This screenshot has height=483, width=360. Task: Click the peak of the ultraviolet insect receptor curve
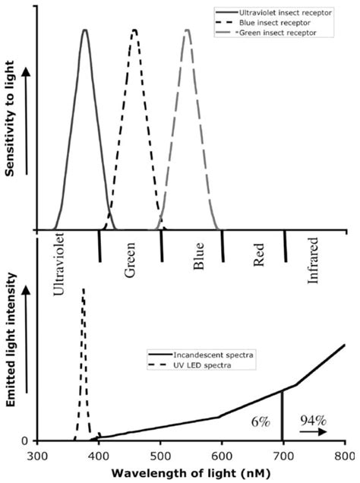(85, 31)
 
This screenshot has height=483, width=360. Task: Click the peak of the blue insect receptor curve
(134, 31)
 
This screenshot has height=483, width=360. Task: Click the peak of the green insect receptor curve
(186, 31)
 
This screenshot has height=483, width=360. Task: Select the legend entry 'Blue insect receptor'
(270, 24)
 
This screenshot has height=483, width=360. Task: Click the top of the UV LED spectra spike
(83, 289)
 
